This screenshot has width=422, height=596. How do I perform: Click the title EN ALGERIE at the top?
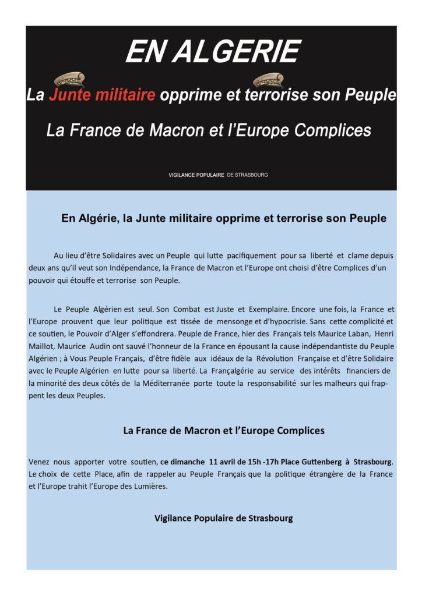(212, 52)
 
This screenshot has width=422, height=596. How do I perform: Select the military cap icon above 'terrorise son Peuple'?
(268, 80)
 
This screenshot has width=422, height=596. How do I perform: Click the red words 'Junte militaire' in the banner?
(102, 95)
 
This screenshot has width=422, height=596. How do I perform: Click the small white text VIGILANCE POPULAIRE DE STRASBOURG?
(218, 175)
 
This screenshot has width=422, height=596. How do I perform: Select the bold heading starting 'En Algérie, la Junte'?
(224, 219)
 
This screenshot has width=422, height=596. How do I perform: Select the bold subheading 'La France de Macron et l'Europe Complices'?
(224, 431)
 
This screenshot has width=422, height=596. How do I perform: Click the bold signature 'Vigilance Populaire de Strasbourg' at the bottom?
(224, 518)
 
